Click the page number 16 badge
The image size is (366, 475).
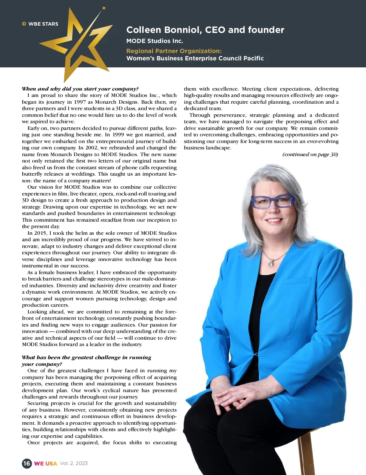[x=27, y=463]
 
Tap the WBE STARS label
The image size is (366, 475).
[x=43, y=24]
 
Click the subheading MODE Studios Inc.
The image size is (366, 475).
[x=155, y=41]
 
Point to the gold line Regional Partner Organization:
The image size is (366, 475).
[x=174, y=51]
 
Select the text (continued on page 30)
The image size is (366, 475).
[x=310, y=154]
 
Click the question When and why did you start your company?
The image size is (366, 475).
[x=80, y=89]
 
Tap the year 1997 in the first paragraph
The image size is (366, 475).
[x=80, y=102]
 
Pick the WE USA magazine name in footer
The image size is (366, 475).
[x=45, y=463]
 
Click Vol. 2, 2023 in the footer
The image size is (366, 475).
[x=74, y=463]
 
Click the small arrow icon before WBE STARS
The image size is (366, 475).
[x=24, y=24]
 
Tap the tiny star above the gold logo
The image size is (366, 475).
[x=104, y=8]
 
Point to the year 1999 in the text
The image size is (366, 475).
[x=118, y=134]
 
